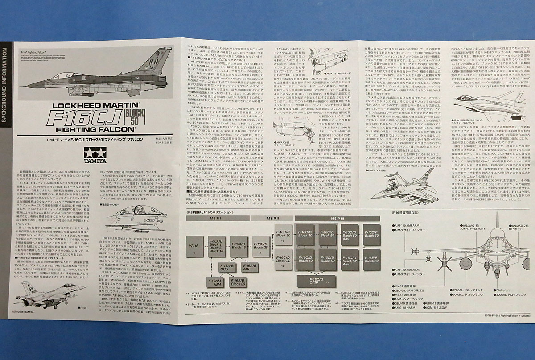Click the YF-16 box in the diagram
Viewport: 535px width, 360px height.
[x=193, y=248]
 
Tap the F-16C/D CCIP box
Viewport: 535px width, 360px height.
[x=316, y=281]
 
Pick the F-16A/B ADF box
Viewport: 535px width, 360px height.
[x=250, y=268]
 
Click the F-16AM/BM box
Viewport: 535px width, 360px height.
[x=216, y=282]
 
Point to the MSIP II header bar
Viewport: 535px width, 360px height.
[x=273, y=219]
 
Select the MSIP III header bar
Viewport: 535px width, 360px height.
[x=337, y=219]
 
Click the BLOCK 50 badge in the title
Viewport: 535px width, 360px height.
[x=159, y=118]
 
